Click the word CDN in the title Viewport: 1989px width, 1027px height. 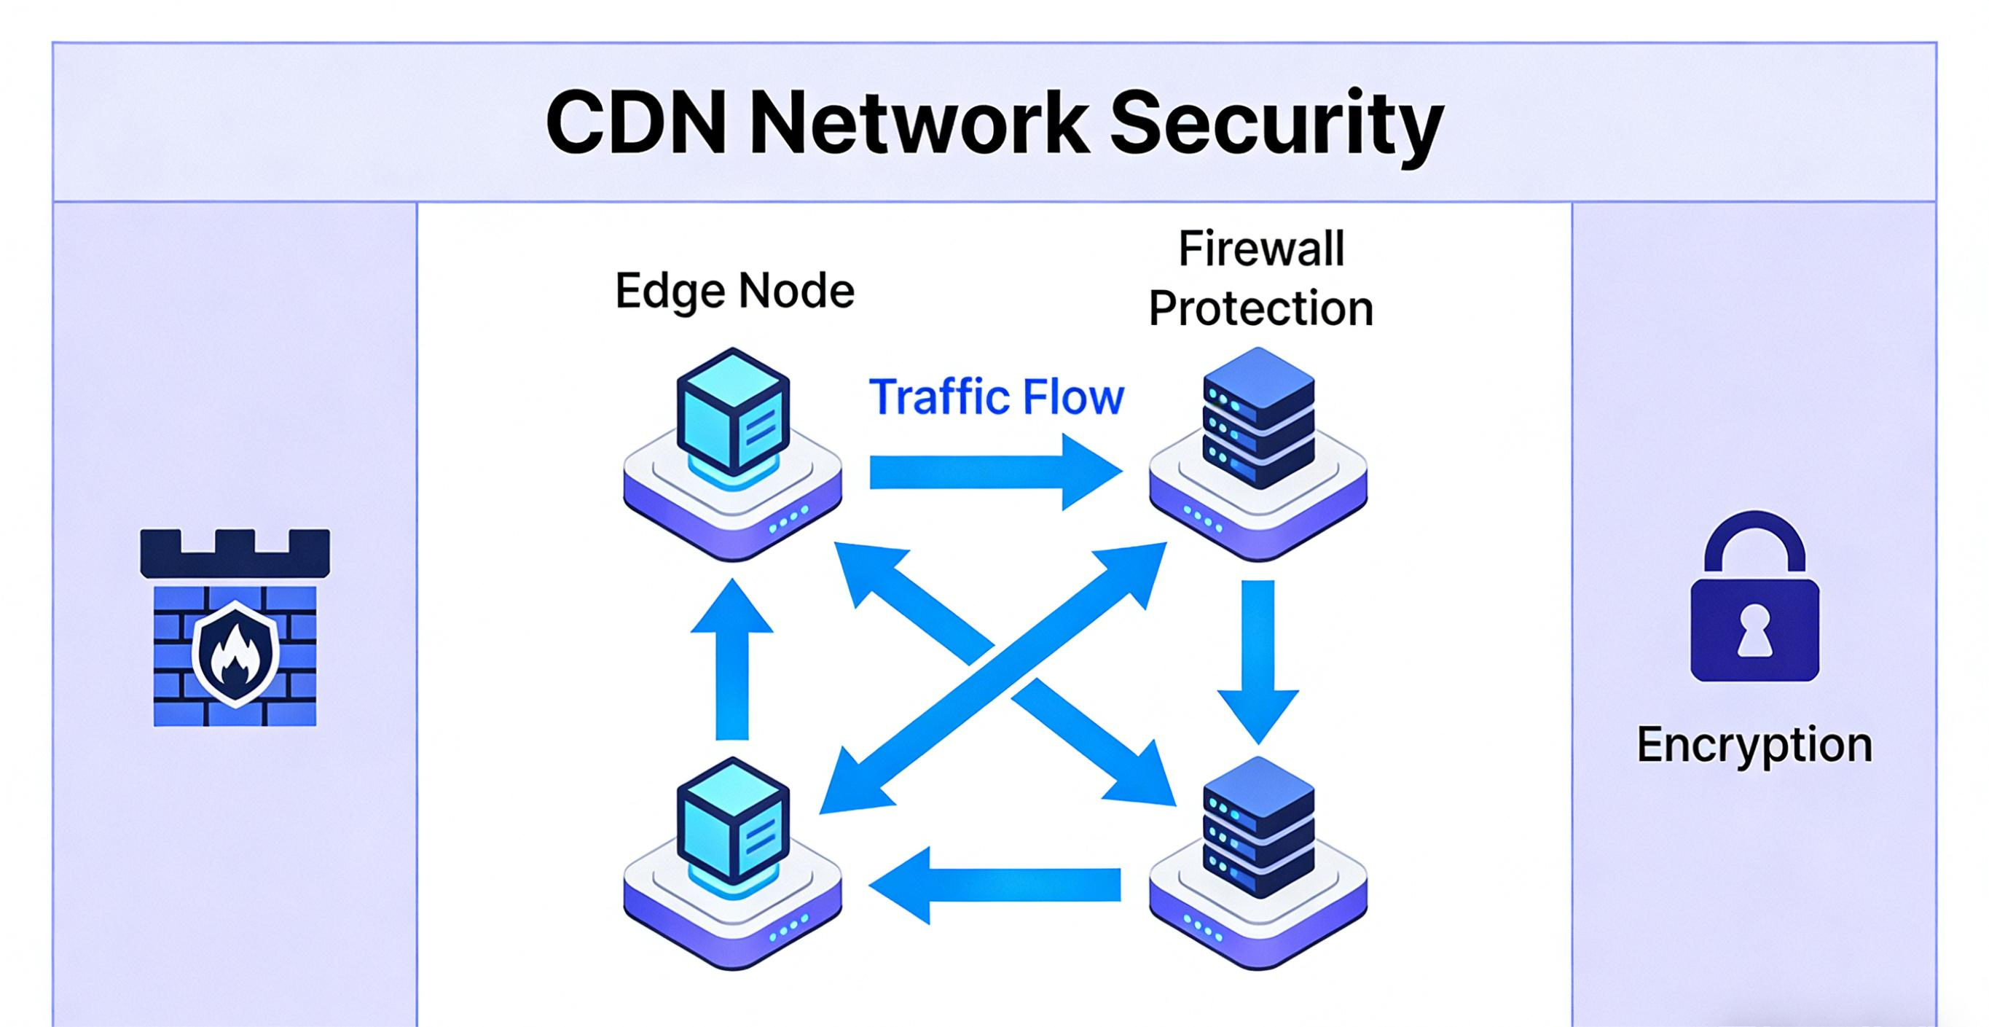point(635,124)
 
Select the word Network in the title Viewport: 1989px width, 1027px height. point(919,124)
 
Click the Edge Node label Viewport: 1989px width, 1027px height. point(734,291)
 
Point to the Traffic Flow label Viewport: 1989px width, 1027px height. point(996,397)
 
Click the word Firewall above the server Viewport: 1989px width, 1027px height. point(1262,249)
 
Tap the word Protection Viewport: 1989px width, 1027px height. point(1261,309)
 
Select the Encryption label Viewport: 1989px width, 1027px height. point(1754,745)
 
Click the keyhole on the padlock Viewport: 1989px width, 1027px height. point(1754,628)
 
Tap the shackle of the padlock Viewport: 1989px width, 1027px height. point(1754,544)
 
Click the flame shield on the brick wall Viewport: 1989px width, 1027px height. point(235,655)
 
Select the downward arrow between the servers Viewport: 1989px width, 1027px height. point(1258,660)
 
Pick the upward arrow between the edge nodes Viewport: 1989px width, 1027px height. point(732,660)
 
